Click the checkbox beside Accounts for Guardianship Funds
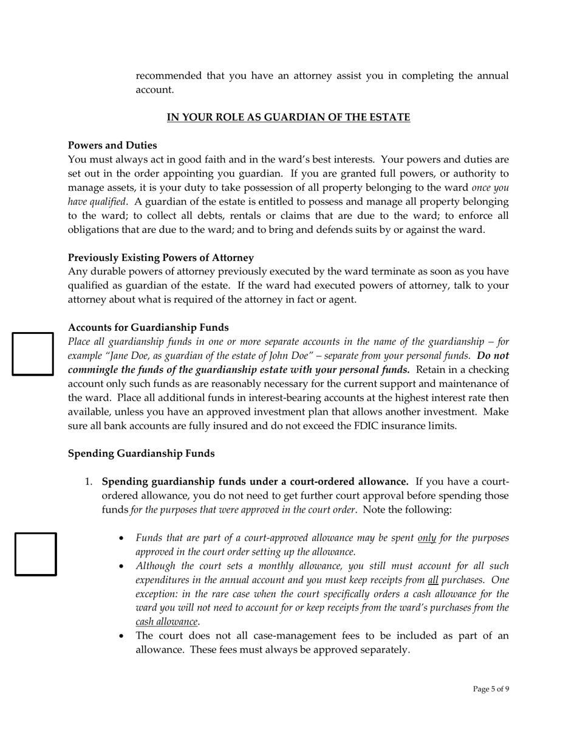click(33, 353)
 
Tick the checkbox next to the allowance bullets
click(36, 553)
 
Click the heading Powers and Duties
click(112, 145)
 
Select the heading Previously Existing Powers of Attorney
click(161, 257)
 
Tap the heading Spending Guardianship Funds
click(141, 454)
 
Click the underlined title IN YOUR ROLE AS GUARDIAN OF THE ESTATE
click(288, 117)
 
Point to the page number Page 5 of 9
click(491, 689)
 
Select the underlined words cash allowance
click(167, 622)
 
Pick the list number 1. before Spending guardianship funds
click(88, 482)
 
